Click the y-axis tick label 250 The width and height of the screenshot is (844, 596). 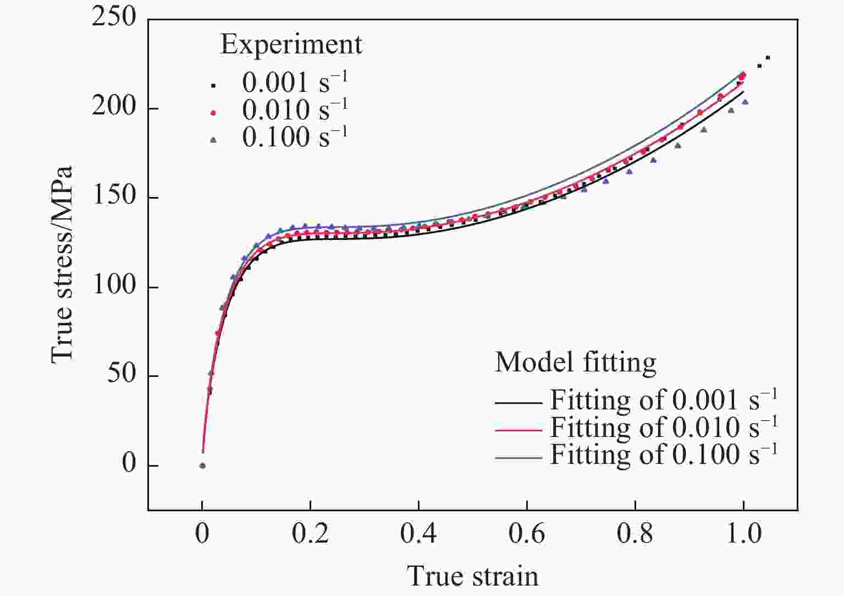point(114,18)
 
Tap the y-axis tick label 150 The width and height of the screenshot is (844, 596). point(114,196)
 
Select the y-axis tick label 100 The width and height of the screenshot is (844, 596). point(114,286)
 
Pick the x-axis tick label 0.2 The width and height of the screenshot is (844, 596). point(311,534)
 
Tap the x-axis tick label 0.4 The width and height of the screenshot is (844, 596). point(418,534)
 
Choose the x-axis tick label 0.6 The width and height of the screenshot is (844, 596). point(527,534)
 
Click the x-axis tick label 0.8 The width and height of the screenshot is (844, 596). point(635,534)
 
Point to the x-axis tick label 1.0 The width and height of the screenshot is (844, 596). point(743,534)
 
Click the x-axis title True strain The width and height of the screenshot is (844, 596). point(473,576)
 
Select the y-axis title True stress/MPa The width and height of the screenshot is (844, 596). point(62,265)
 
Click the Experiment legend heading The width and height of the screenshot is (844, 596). point(291,45)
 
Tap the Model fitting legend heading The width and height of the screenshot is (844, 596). point(575,363)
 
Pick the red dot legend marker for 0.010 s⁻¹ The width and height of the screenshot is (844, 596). point(214,112)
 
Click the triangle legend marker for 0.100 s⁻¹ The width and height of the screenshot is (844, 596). point(214,140)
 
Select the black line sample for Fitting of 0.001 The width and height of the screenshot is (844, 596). point(518,403)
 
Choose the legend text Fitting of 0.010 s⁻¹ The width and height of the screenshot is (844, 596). point(664,427)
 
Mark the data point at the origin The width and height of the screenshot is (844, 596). point(202,466)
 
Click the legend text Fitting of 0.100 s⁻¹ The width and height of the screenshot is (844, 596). point(664,455)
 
